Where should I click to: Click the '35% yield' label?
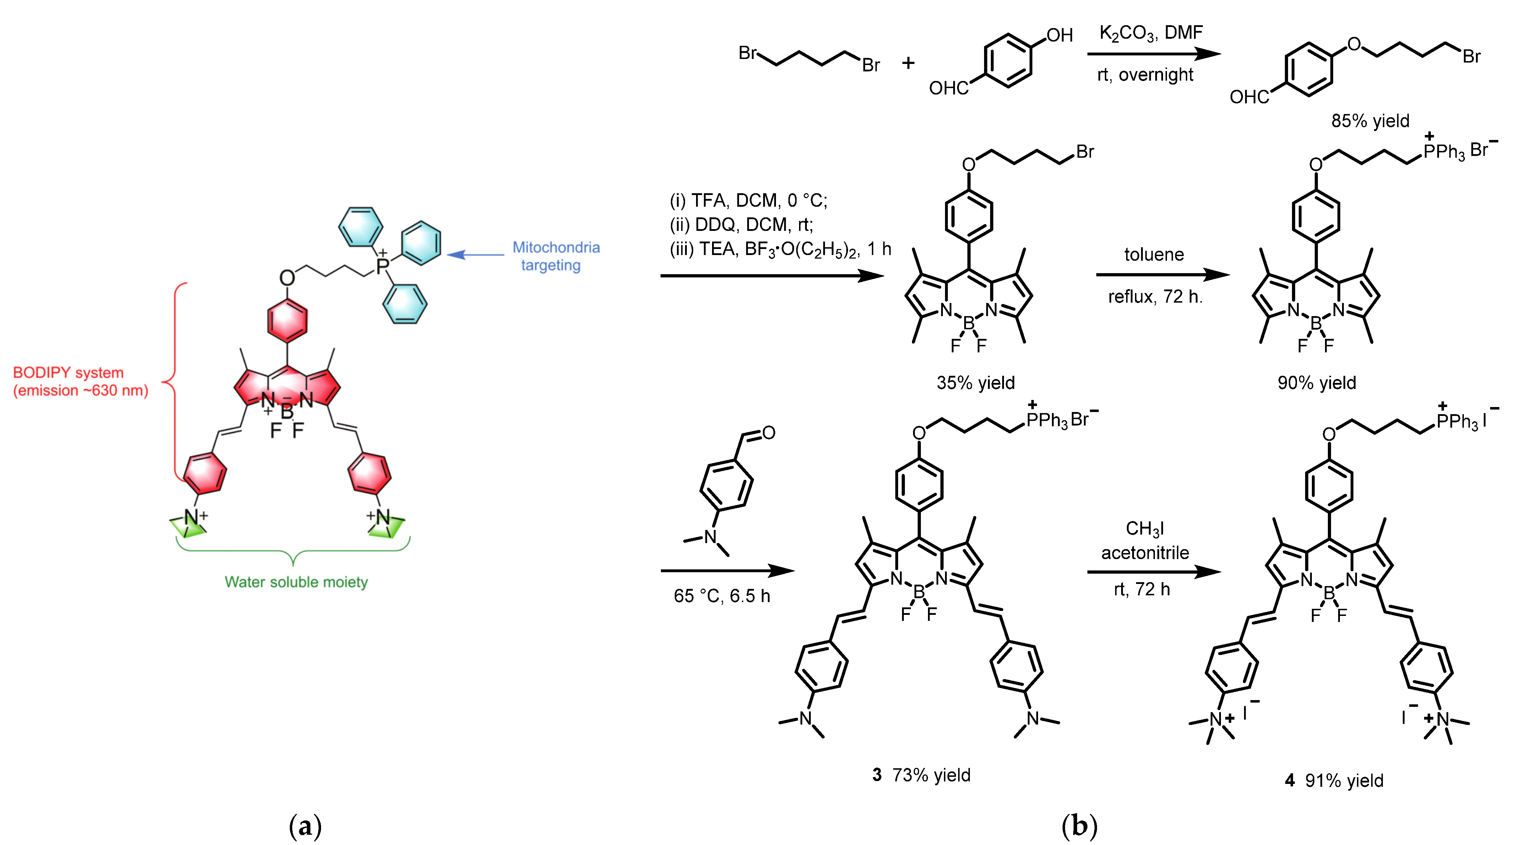(975, 383)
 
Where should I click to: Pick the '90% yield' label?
(1316, 383)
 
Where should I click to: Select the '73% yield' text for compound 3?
(931, 775)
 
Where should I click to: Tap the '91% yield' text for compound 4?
(1344, 780)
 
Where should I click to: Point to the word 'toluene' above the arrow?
(1154, 255)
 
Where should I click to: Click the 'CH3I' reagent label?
(1145, 529)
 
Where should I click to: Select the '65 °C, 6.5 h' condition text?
(722, 596)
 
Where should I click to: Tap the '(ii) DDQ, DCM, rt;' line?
(741, 224)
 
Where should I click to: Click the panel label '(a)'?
(305, 826)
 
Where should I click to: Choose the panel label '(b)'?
(1079, 826)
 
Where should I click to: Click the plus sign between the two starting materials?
(908, 63)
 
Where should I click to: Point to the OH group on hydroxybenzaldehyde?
(1059, 35)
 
